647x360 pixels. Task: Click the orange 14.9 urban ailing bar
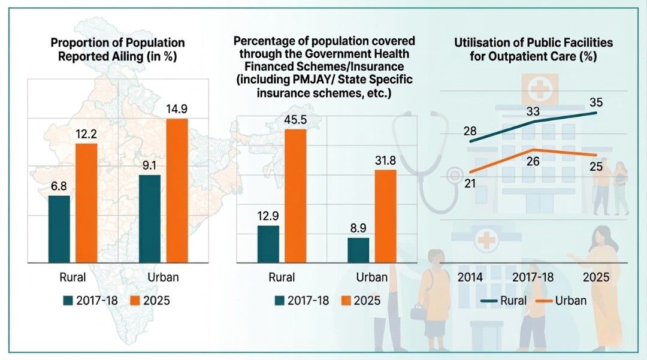tap(177, 190)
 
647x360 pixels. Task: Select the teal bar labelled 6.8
tap(59, 229)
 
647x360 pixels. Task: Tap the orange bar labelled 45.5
tap(295, 196)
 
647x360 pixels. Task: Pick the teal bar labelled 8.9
tap(358, 250)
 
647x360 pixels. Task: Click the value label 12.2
tap(86, 134)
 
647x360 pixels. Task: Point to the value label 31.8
tap(385, 161)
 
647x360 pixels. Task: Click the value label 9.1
tap(149, 165)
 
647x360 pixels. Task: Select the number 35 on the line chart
tap(596, 102)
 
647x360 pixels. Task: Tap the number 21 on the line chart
tap(470, 183)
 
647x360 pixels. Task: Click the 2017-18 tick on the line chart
tap(533, 277)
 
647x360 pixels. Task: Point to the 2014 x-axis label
tap(470, 277)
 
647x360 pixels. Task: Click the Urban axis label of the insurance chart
tap(372, 277)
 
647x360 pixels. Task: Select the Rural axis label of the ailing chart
tap(72, 277)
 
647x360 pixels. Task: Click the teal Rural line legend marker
tap(489, 301)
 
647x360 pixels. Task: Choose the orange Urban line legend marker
tap(544, 301)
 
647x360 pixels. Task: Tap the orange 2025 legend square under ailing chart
tap(135, 301)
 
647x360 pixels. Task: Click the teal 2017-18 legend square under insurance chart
tap(279, 301)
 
